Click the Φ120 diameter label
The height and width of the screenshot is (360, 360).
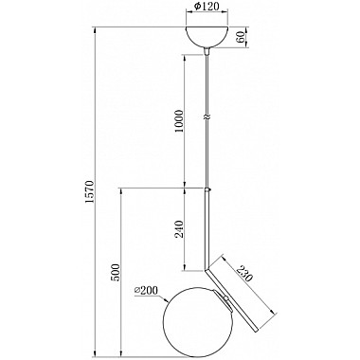click(x=207, y=6)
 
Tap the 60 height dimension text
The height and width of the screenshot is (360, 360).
click(x=241, y=37)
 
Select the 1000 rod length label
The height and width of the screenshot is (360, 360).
click(x=179, y=121)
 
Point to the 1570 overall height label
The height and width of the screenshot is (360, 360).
click(x=90, y=191)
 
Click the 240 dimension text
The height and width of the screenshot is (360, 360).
click(x=179, y=229)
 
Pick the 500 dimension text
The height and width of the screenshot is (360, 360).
click(x=116, y=272)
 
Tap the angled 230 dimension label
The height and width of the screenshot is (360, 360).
click(x=245, y=273)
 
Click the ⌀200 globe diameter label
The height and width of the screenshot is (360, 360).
click(x=146, y=290)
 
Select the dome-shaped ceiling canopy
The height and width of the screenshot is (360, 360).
click(x=207, y=37)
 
